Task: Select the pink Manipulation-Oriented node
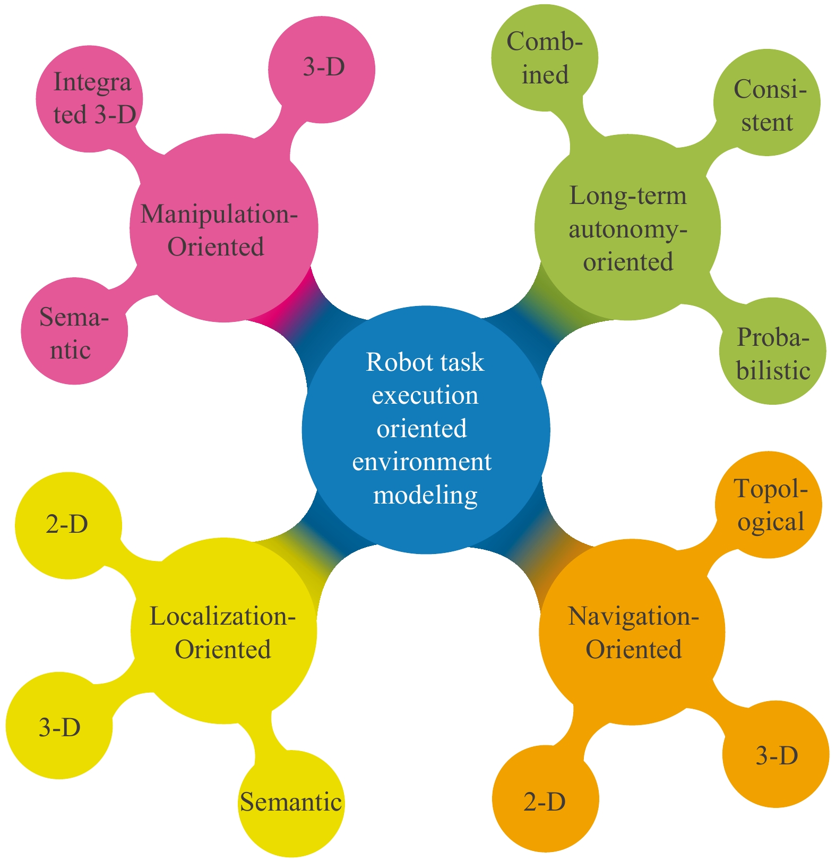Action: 223,228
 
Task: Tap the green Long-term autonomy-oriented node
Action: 628,228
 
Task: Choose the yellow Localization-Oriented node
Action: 223,631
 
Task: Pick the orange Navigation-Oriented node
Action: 632,632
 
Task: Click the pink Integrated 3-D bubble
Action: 89,99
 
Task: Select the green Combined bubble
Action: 545,58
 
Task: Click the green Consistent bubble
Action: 767,103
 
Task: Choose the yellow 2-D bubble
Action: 68,525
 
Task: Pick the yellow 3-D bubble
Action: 59,726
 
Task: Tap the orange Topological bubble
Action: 769,505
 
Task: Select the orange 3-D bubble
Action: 776,755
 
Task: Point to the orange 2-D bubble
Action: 545,800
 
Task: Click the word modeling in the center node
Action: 426,495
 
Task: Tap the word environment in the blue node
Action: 422,462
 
